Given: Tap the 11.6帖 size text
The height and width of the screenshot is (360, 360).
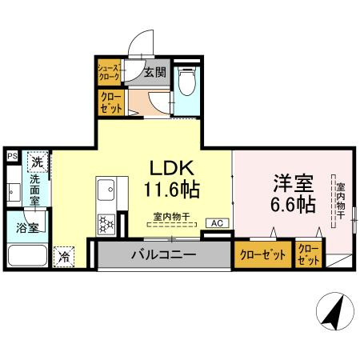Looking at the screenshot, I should click(x=171, y=190).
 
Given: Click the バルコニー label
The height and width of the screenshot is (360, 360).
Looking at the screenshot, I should click(x=164, y=256).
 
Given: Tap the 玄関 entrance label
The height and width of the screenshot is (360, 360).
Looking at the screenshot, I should click(x=154, y=72).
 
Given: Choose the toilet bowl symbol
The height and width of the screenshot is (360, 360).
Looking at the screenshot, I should click(x=187, y=82).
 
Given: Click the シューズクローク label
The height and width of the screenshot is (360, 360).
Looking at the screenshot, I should click(x=108, y=73).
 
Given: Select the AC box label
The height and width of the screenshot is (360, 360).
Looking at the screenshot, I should click(x=216, y=223).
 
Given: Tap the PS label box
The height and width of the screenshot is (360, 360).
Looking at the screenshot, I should click(x=12, y=156).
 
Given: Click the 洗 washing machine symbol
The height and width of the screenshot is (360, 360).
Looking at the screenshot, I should click(x=37, y=162).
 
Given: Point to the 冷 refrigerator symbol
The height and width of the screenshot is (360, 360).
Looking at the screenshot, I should click(x=63, y=258).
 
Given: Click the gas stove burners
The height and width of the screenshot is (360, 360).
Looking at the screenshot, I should click(x=106, y=223).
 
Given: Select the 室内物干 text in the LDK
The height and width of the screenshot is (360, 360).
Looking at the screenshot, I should click(x=171, y=216).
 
